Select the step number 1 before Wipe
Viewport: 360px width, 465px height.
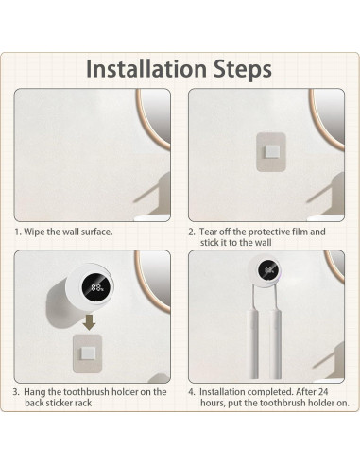coord(16,231)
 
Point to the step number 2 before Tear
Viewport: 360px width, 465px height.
coord(191,231)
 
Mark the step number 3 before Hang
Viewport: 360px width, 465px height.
coord(16,391)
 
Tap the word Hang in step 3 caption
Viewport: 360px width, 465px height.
coord(36,391)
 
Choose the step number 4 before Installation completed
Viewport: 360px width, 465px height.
coord(191,391)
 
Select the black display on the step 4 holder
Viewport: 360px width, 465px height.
coord(269,271)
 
